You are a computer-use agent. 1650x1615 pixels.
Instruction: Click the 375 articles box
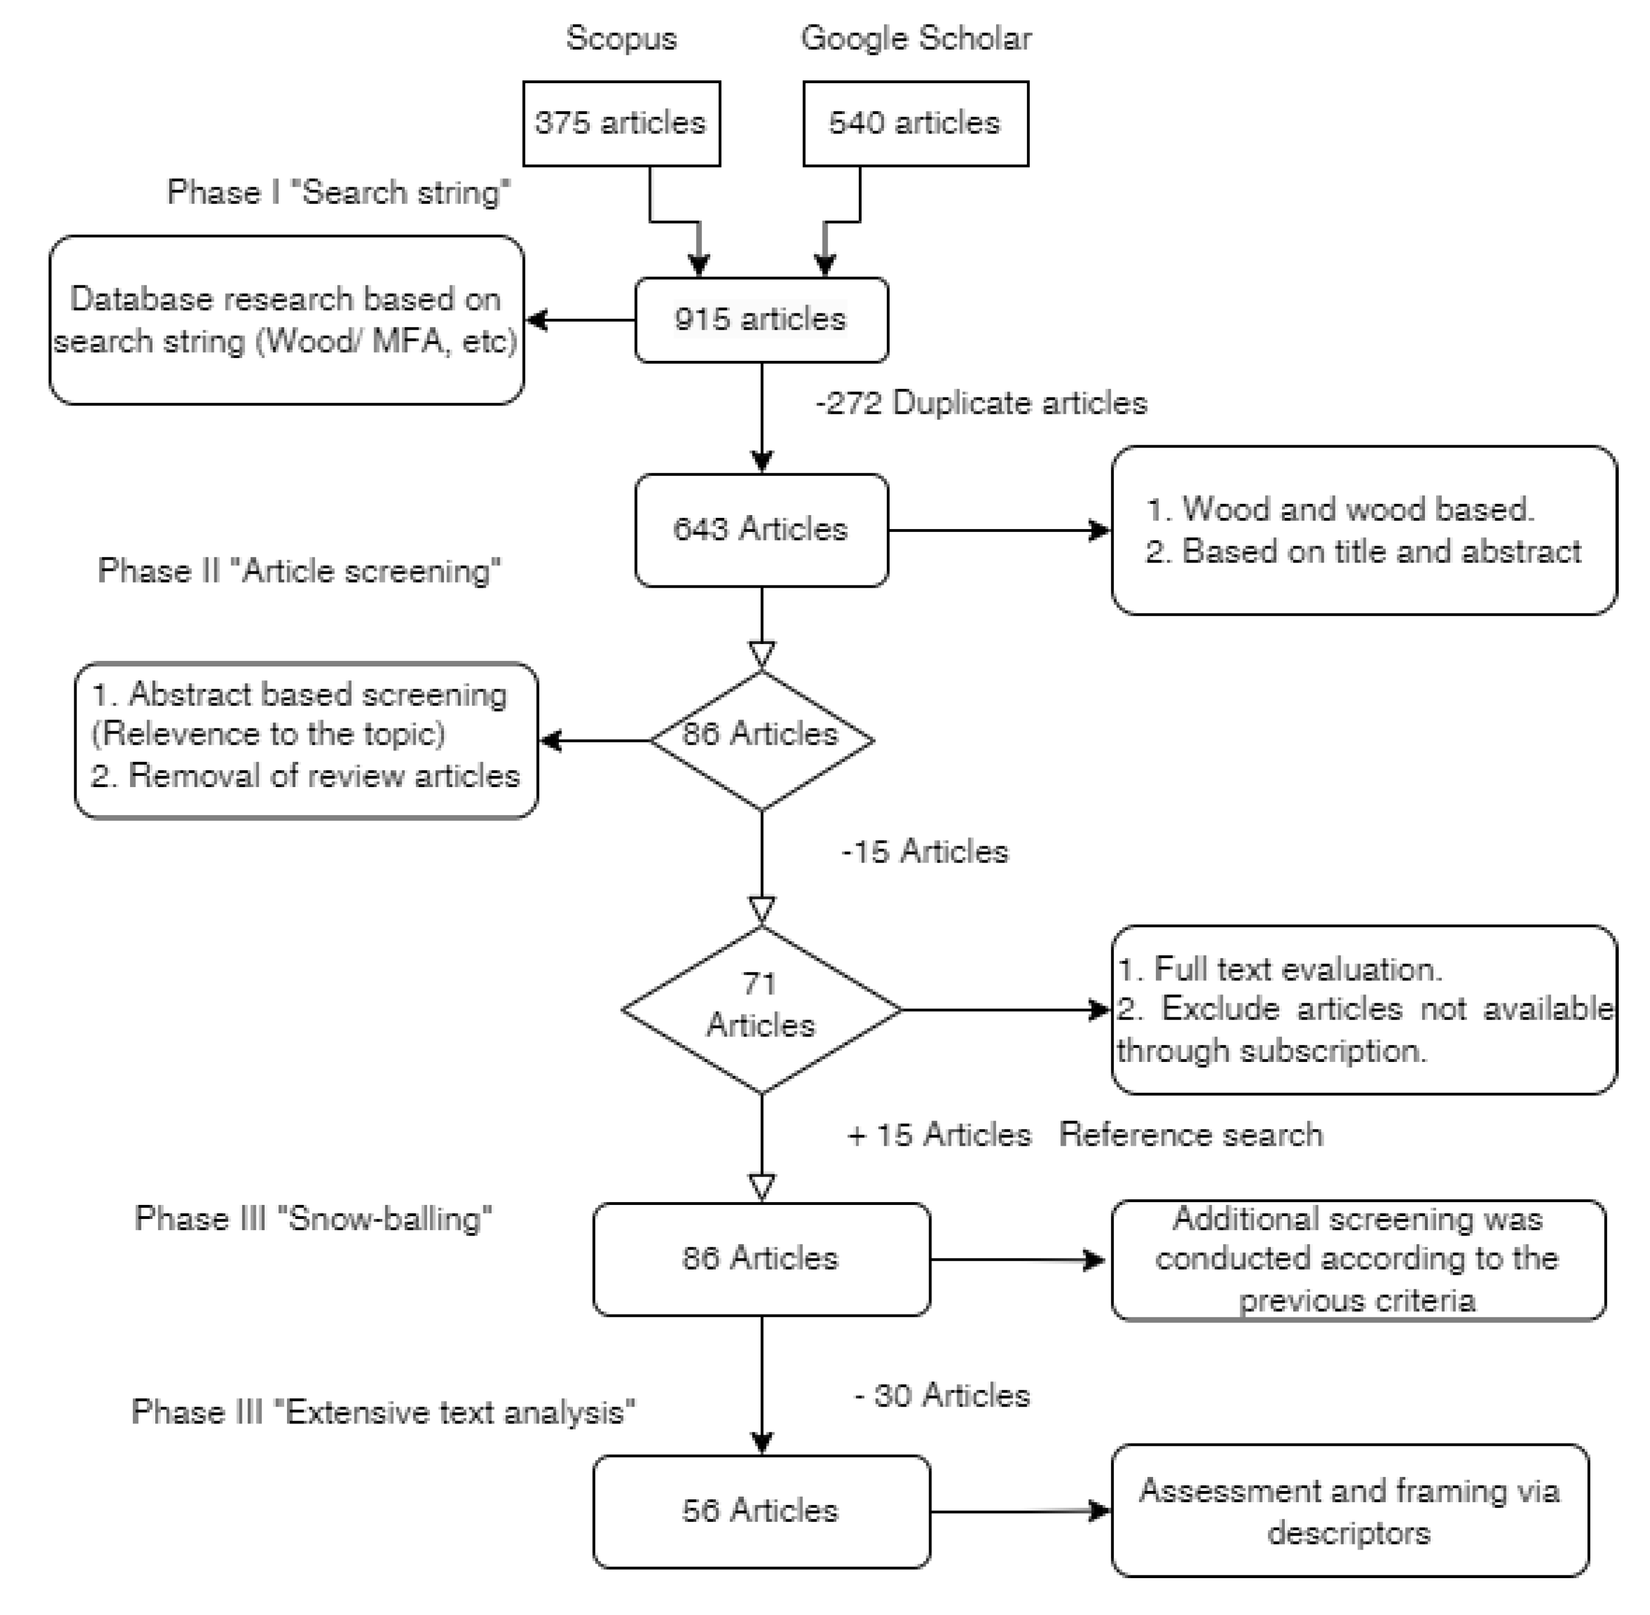pos(621,124)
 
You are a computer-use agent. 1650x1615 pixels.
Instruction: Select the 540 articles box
pos(915,124)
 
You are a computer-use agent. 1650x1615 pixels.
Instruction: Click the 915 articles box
pos(761,320)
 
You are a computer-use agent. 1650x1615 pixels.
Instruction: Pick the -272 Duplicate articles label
pos(980,403)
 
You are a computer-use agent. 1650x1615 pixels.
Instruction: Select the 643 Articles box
pos(761,530)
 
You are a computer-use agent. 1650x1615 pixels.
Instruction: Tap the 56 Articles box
pos(761,1511)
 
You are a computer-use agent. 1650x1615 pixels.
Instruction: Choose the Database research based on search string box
pos(286,320)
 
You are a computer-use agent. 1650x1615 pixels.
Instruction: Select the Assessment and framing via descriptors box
pos(1349,1511)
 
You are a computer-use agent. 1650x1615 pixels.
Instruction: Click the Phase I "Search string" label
pos(338,193)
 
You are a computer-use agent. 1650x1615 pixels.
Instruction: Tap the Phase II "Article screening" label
pos(299,571)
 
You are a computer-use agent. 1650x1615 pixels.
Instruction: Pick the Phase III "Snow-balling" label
pos(313,1219)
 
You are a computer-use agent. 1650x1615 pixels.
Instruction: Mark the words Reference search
pos(1190,1135)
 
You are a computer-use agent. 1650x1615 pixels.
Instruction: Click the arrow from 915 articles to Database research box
pos(581,320)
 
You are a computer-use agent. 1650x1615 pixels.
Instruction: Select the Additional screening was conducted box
pos(1357,1260)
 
